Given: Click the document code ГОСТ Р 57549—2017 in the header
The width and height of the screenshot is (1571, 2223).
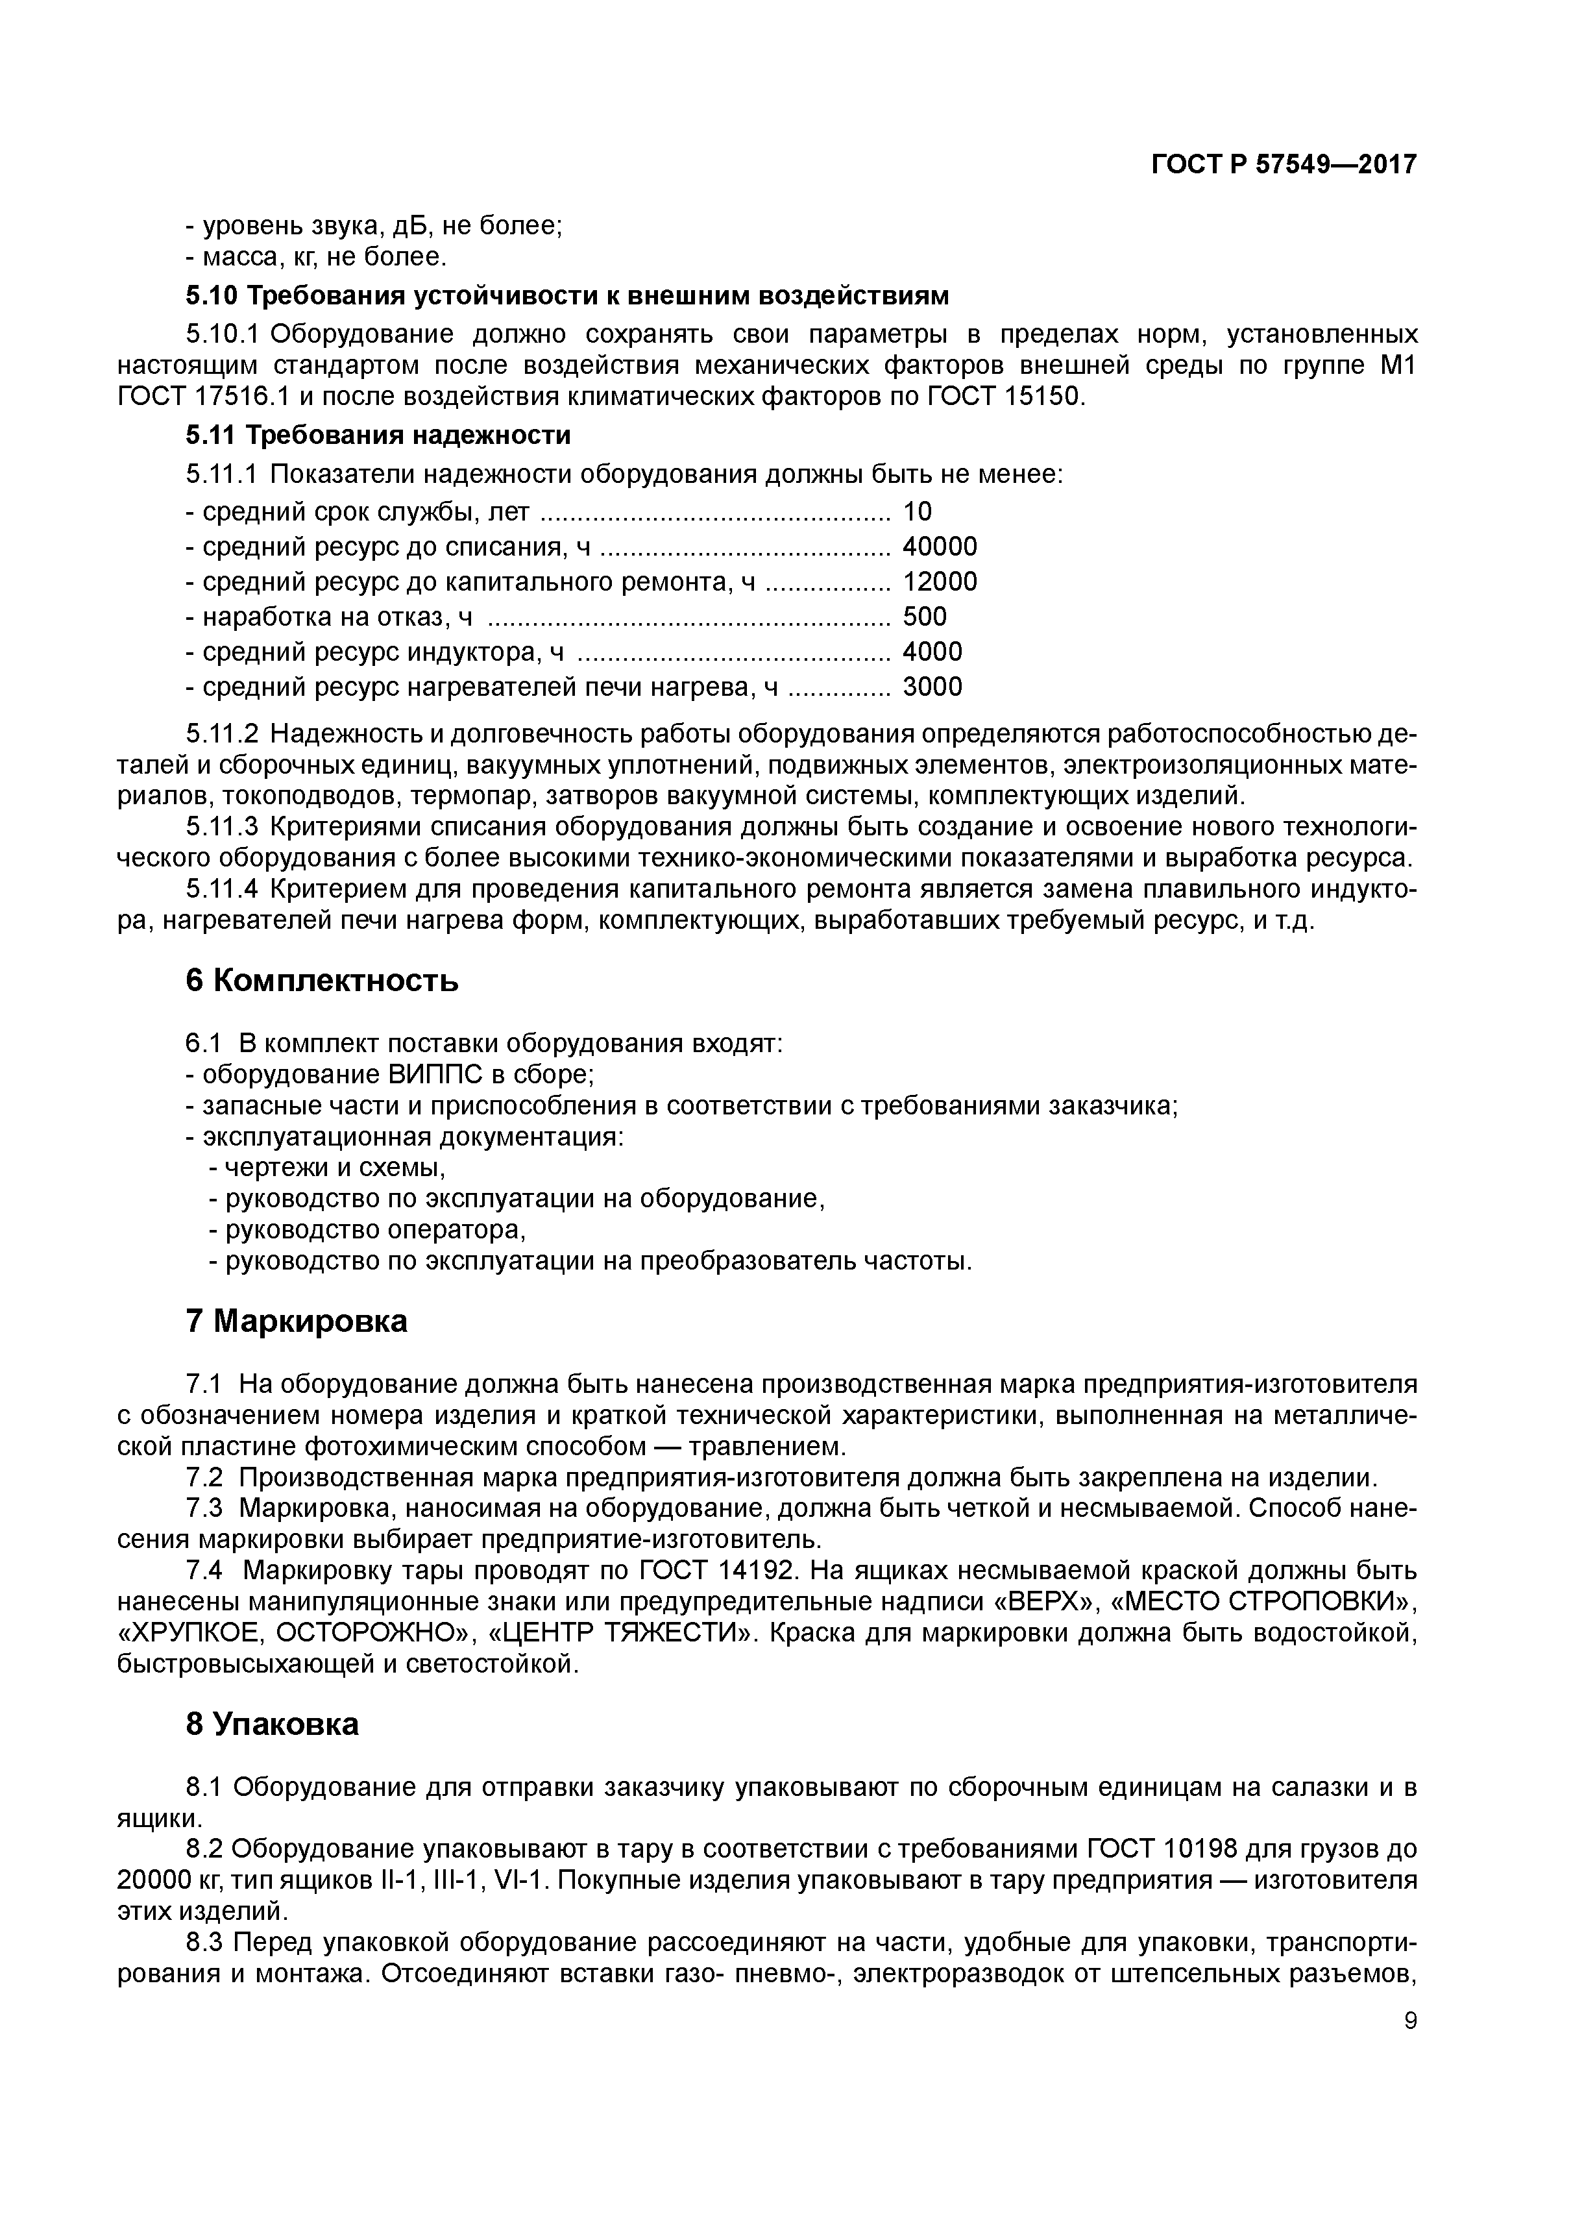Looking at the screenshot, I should click(x=1284, y=165).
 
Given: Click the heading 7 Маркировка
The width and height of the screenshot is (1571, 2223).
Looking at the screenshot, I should click(x=296, y=1321).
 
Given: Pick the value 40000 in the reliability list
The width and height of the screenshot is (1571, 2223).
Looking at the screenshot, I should click(x=940, y=547).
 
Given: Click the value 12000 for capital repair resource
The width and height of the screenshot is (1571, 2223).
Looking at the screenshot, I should click(x=940, y=582).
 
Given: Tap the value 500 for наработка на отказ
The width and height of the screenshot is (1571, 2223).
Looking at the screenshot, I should click(x=925, y=617).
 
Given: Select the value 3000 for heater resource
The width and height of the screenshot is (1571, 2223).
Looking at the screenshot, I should click(x=932, y=687).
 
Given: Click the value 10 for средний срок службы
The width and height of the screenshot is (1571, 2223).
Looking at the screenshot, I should click(x=917, y=511).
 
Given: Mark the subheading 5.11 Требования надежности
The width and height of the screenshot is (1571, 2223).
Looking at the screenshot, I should click(x=378, y=435).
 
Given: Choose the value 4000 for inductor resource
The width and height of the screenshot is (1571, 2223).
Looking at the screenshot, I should click(x=932, y=652).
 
